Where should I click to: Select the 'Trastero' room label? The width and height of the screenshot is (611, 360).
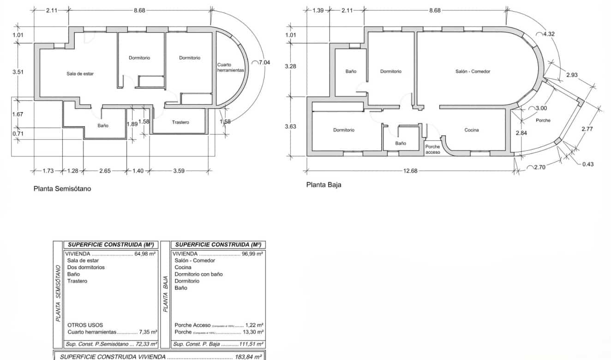(180, 122)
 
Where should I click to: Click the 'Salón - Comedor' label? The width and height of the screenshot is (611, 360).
(473, 72)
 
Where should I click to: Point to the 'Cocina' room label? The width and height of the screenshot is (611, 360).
(472, 130)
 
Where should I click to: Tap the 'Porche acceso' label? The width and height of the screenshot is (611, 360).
(432, 149)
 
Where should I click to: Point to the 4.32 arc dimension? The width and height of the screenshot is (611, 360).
(549, 34)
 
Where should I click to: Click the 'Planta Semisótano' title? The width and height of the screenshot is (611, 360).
(62, 189)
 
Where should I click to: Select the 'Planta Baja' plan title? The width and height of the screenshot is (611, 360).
(324, 185)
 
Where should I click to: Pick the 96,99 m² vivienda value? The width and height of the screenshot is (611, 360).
(252, 254)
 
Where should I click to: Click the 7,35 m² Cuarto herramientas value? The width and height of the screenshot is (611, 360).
(148, 332)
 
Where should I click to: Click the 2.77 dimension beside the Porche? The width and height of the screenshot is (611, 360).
(587, 129)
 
